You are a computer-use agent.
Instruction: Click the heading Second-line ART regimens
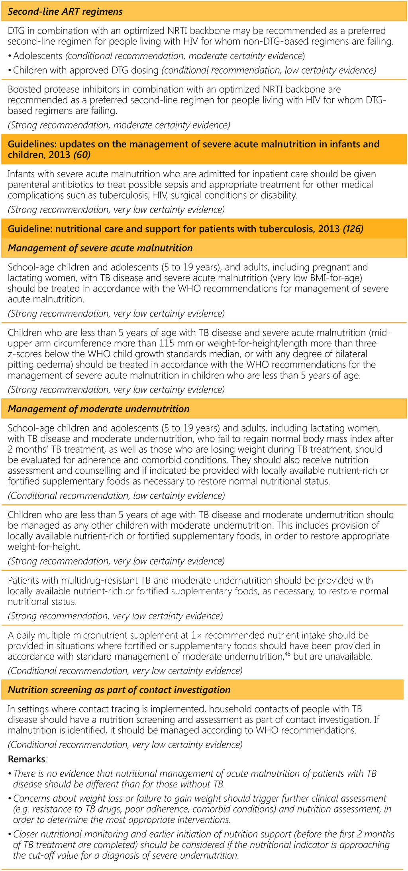[65, 12]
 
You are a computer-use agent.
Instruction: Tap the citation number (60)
[82, 155]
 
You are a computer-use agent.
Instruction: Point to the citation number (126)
[353, 229]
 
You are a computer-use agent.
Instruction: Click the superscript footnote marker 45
[287, 653]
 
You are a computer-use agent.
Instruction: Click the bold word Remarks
[26, 759]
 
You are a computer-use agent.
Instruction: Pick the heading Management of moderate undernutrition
[98, 409]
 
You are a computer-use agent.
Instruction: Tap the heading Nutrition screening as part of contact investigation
[119, 690]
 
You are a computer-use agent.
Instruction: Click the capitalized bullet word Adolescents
[38, 56]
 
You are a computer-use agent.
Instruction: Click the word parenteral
[29, 185]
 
